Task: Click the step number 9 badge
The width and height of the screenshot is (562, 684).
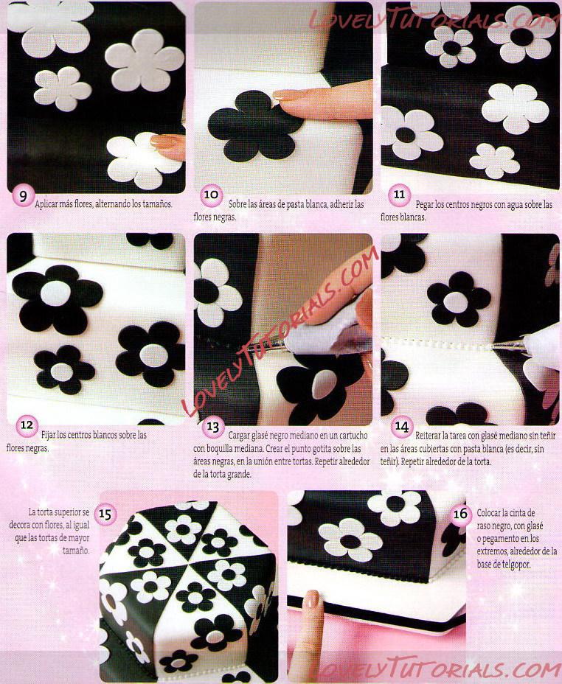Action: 22,197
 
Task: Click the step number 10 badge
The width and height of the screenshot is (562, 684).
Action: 211,195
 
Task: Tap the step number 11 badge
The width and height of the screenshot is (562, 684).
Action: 399,195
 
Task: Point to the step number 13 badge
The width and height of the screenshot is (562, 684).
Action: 213,427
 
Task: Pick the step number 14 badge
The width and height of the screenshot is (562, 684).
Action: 401,426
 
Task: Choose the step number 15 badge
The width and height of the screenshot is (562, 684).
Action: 105,514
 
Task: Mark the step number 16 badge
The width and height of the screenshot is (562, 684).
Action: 461,514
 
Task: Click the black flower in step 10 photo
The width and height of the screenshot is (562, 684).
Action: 254,126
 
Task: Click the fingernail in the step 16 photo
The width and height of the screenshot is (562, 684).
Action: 311,599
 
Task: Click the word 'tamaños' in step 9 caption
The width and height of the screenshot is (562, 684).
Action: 158,203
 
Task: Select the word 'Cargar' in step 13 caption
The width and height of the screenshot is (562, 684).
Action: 239,436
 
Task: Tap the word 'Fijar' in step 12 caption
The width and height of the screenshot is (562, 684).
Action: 49,435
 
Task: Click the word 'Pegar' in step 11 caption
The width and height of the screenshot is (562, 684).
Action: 425,204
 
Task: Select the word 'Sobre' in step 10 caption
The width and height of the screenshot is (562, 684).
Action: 238,203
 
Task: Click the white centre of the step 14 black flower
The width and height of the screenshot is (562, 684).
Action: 456,302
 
